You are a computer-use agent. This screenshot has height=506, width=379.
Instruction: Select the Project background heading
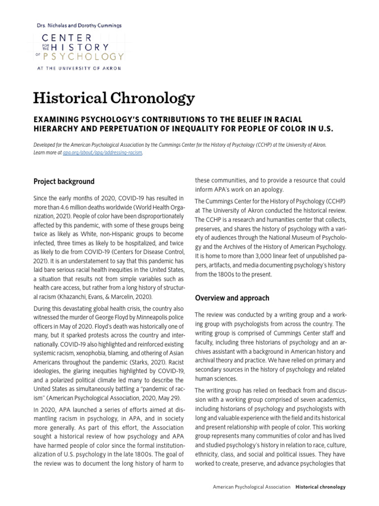(64, 181)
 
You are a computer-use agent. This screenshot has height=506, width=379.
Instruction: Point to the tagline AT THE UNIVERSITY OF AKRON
(78, 68)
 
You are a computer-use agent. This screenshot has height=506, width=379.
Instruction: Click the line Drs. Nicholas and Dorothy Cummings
(79, 25)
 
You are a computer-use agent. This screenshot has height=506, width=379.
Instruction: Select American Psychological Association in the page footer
(252, 487)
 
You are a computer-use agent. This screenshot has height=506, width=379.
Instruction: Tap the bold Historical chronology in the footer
(321, 487)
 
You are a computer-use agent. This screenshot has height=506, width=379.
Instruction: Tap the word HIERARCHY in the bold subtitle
(57, 129)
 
